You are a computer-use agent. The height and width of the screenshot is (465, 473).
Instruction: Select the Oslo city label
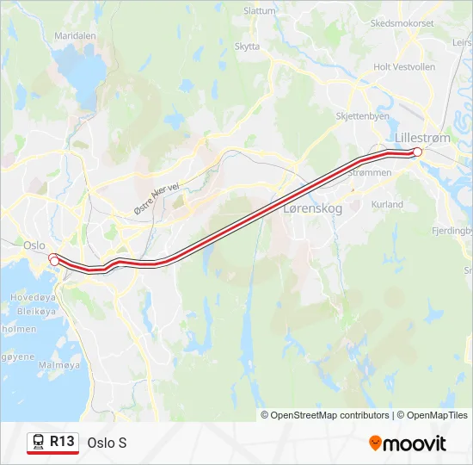click(34, 245)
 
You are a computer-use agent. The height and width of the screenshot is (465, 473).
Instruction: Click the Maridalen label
click(75, 36)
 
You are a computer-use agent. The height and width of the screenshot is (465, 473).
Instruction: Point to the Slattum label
click(260, 11)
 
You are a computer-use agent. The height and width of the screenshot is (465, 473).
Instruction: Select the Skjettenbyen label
click(363, 115)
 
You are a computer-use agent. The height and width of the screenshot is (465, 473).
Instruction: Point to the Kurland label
click(387, 204)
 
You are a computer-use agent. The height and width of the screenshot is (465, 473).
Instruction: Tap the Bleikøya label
click(23, 312)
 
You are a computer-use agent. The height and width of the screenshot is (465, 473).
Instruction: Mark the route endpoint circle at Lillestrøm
click(418, 152)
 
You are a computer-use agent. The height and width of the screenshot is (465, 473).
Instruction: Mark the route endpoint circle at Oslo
click(54, 260)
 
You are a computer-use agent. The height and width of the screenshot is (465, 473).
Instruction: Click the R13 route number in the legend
click(62, 442)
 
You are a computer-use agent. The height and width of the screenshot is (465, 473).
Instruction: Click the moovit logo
click(408, 443)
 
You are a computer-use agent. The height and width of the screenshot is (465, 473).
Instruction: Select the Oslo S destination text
click(107, 443)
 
